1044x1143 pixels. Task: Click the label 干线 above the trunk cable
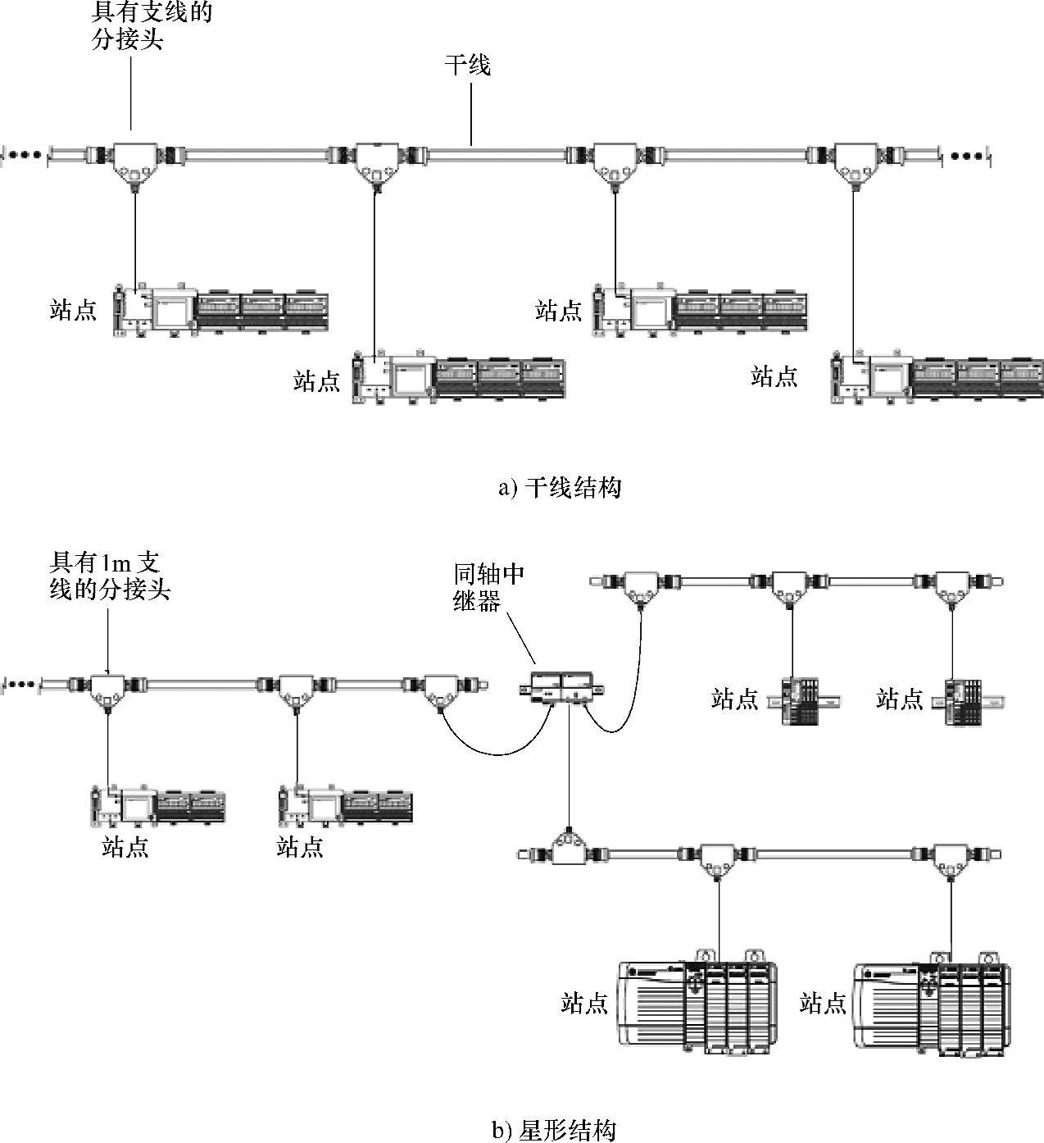467,66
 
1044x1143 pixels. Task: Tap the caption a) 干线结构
560,489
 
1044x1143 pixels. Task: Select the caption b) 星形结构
553,1131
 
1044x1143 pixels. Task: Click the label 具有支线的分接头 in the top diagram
152,26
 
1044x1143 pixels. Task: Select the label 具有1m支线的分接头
110,576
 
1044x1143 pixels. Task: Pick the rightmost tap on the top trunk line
854,161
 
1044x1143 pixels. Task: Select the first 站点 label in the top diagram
73,310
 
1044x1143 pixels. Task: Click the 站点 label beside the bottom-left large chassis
584,1003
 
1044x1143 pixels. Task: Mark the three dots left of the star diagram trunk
22,683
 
